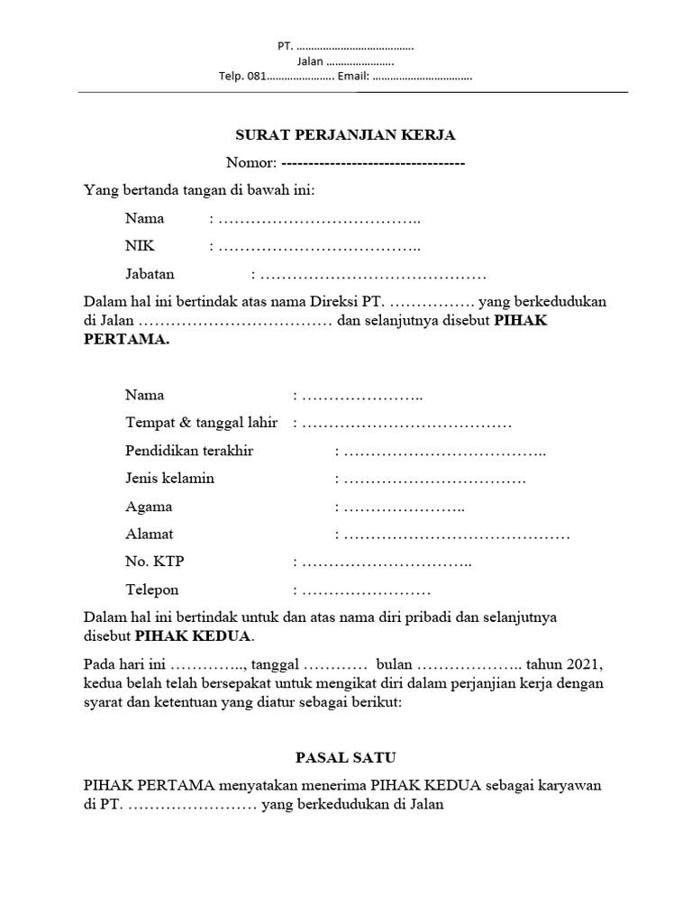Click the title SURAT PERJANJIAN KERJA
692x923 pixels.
[x=346, y=136]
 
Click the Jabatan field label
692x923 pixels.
[x=150, y=274]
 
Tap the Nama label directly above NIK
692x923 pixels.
[x=144, y=218]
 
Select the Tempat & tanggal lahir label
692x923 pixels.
[x=201, y=423]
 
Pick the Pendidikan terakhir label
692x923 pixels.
[x=189, y=451]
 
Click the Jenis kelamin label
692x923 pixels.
[x=170, y=479]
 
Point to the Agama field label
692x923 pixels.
[x=149, y=507]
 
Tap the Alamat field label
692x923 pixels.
[x=150, y=535]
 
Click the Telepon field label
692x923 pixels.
[x=152, y=590]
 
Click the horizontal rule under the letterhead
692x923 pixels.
[x=353, y=92]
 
